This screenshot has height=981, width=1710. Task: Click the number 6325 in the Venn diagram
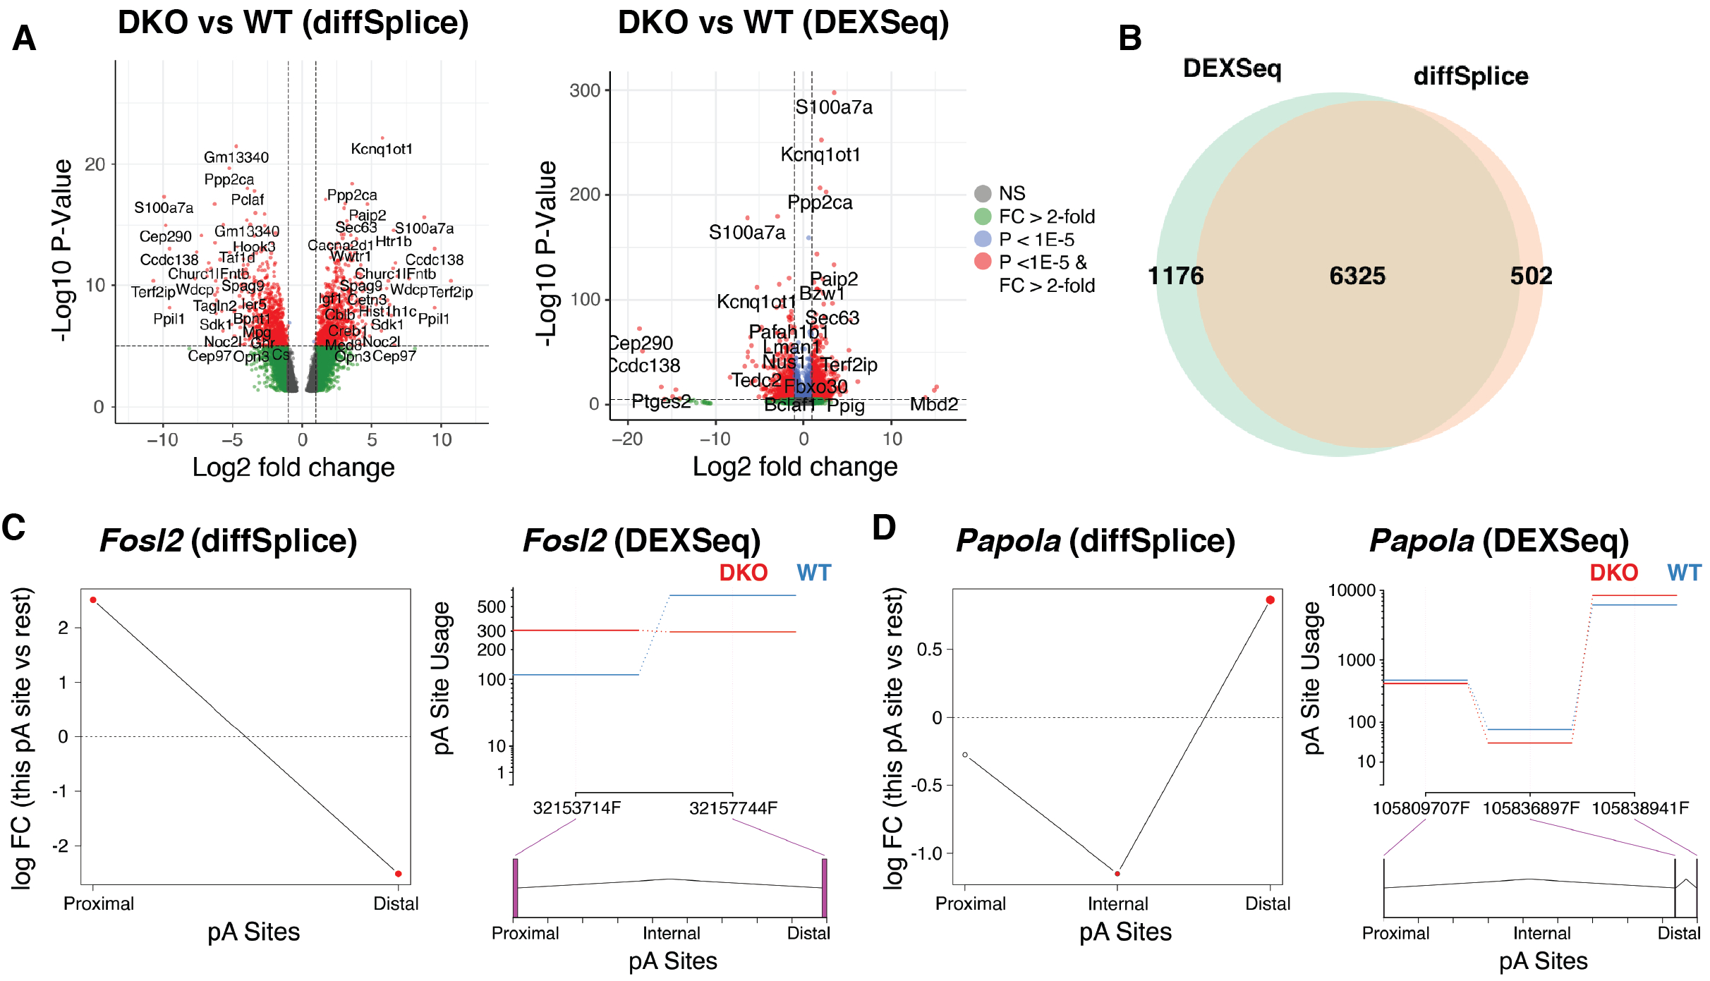1357,276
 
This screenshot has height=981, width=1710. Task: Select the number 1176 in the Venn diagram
1175,276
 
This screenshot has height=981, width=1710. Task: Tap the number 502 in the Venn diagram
1531,276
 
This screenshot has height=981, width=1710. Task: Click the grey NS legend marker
983,193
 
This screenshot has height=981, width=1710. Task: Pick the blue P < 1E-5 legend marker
983,239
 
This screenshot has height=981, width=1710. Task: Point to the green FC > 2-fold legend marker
983,216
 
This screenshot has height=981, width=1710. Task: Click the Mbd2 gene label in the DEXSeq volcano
933,404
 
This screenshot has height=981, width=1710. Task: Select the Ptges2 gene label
661,401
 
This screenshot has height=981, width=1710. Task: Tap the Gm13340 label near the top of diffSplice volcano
236,157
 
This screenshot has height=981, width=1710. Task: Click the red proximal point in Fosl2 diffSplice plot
93,600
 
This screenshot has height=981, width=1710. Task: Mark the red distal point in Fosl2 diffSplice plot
399,874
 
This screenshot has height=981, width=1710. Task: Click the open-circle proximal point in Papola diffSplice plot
965,755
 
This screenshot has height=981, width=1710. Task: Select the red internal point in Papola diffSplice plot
1117,874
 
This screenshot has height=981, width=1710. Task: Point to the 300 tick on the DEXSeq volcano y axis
585,90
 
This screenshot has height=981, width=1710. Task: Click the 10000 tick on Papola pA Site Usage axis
1352,590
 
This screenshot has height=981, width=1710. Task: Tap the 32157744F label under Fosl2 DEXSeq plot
733,808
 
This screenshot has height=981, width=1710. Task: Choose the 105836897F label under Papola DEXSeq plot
1531,808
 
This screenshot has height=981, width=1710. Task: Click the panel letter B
1130,38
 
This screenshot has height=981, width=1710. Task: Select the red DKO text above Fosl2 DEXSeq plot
743,573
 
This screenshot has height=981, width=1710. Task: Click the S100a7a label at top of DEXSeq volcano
833,107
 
